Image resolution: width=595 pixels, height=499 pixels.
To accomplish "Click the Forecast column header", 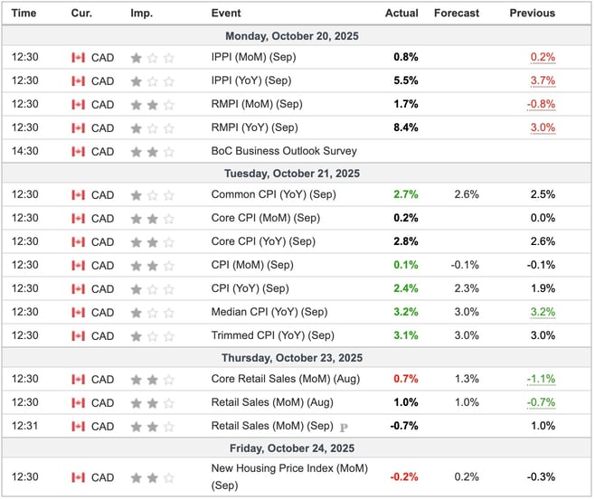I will pyautogui.click(x=456, y=14).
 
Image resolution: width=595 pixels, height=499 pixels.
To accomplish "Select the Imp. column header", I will pyautogui.click(x=141, y=14).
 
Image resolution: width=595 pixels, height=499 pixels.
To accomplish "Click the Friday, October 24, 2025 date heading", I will pyautogui.click(x=297, y=448).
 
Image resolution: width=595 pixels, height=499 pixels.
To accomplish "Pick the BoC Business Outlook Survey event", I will pyautogui.click(x=284, y=151).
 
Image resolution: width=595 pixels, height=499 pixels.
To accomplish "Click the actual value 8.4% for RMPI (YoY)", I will pyautogui.click(x=406, y=127).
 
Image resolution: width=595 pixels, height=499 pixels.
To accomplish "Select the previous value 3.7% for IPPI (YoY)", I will pyautogui.click(x=543, y=80).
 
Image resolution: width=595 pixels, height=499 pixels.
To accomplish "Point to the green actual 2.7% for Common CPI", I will pyautogui.click(x=406, y=194).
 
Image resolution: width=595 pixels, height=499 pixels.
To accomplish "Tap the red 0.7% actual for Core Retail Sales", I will pyautogui.click(x=406, y=379).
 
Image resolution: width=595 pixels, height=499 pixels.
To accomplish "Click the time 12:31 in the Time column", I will pyautogui.click(x=24, y=426).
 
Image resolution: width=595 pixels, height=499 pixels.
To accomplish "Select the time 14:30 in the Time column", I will pyautogui.click(x=24, y=151).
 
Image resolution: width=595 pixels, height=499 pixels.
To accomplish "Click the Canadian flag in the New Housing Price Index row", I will pyautogui.click(x=79, y=477).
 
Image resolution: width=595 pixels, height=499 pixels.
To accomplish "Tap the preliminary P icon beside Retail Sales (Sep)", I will pyautogui.click(x=344, y=427).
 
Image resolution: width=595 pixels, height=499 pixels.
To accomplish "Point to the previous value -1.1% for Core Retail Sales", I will pyautogui.click(x=542, y=379).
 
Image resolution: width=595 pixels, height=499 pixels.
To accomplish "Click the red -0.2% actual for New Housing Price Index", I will pyautogui.click(x=404, y=477).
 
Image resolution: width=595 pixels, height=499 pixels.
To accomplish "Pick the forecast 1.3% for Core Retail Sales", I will pyautogui.click(x=467, y=379).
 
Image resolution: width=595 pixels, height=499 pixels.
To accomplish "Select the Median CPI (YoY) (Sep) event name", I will pyautogui.click(x=269, y=312).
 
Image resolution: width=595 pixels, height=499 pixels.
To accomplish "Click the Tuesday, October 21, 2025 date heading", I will pyautogui.click(x=297, y=173).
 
